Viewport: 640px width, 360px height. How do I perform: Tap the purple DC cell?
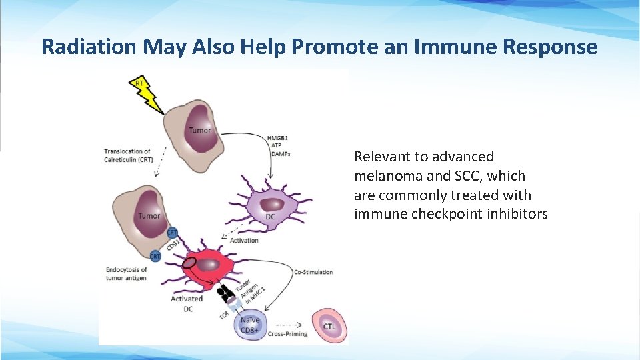click(x=271, y=207)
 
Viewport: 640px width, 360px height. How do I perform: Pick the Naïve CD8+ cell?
click(x=251, y=325)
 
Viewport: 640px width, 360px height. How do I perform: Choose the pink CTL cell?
click(x=329, y=326)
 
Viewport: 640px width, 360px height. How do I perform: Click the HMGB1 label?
click(x=278, y=138)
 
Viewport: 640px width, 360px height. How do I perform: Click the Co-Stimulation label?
click(x=313, y=271)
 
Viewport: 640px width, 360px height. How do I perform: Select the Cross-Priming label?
click(x=287, y=334)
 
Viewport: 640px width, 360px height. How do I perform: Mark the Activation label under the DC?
click(x=243, y=240)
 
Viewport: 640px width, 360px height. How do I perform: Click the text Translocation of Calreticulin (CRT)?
click(x=127, y=155)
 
